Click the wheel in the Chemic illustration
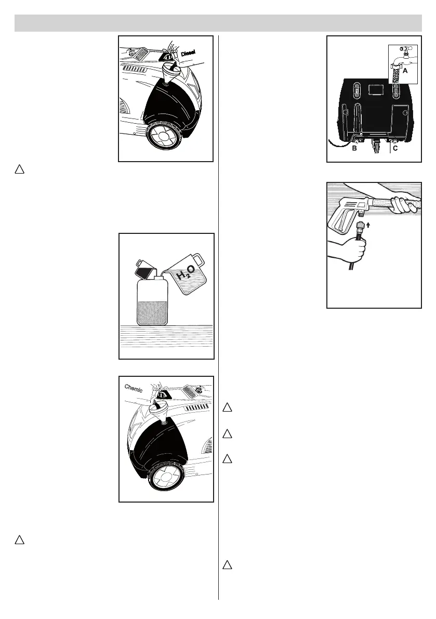(x=166, y=475)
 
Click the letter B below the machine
(x=353, y=149)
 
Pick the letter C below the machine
(x=395, y=149)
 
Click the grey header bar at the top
(x=218, y=23)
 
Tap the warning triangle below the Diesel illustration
(x=19, y=169)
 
